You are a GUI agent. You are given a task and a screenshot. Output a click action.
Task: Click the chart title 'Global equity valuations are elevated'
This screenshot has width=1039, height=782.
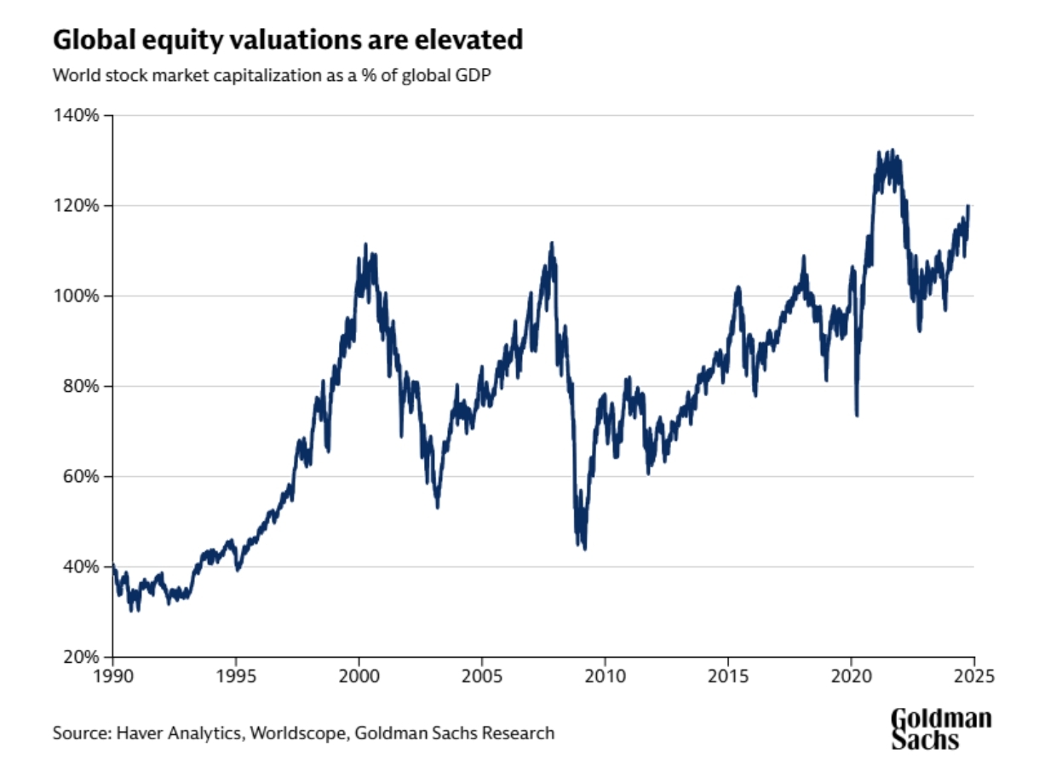pyautogui.click(x=287, y=40)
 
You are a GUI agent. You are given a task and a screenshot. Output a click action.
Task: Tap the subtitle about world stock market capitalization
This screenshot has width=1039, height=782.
pyautogui.click(x=273, y=75)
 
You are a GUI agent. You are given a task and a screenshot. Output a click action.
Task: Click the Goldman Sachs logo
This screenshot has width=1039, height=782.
pyautogui.click(x=941, y=729)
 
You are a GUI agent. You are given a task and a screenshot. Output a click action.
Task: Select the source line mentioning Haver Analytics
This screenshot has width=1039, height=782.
pyautogui.click(x=303, y=733)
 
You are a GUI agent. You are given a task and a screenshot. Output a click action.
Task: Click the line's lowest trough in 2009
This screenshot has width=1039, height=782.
pyautogui.click(x=584, y=548)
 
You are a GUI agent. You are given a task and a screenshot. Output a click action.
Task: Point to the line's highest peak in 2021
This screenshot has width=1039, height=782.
pyautogui.click(x=891, y=151)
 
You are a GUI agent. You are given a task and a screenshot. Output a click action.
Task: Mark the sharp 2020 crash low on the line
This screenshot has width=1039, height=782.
pyautogui.click(x=856, y=415)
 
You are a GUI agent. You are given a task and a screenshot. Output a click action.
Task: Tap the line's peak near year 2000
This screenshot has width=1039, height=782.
pyautogui.click(x=365, y=244)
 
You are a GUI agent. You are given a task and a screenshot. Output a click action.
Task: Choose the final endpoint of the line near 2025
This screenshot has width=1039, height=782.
pyautogui.click(x=969, y=206)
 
